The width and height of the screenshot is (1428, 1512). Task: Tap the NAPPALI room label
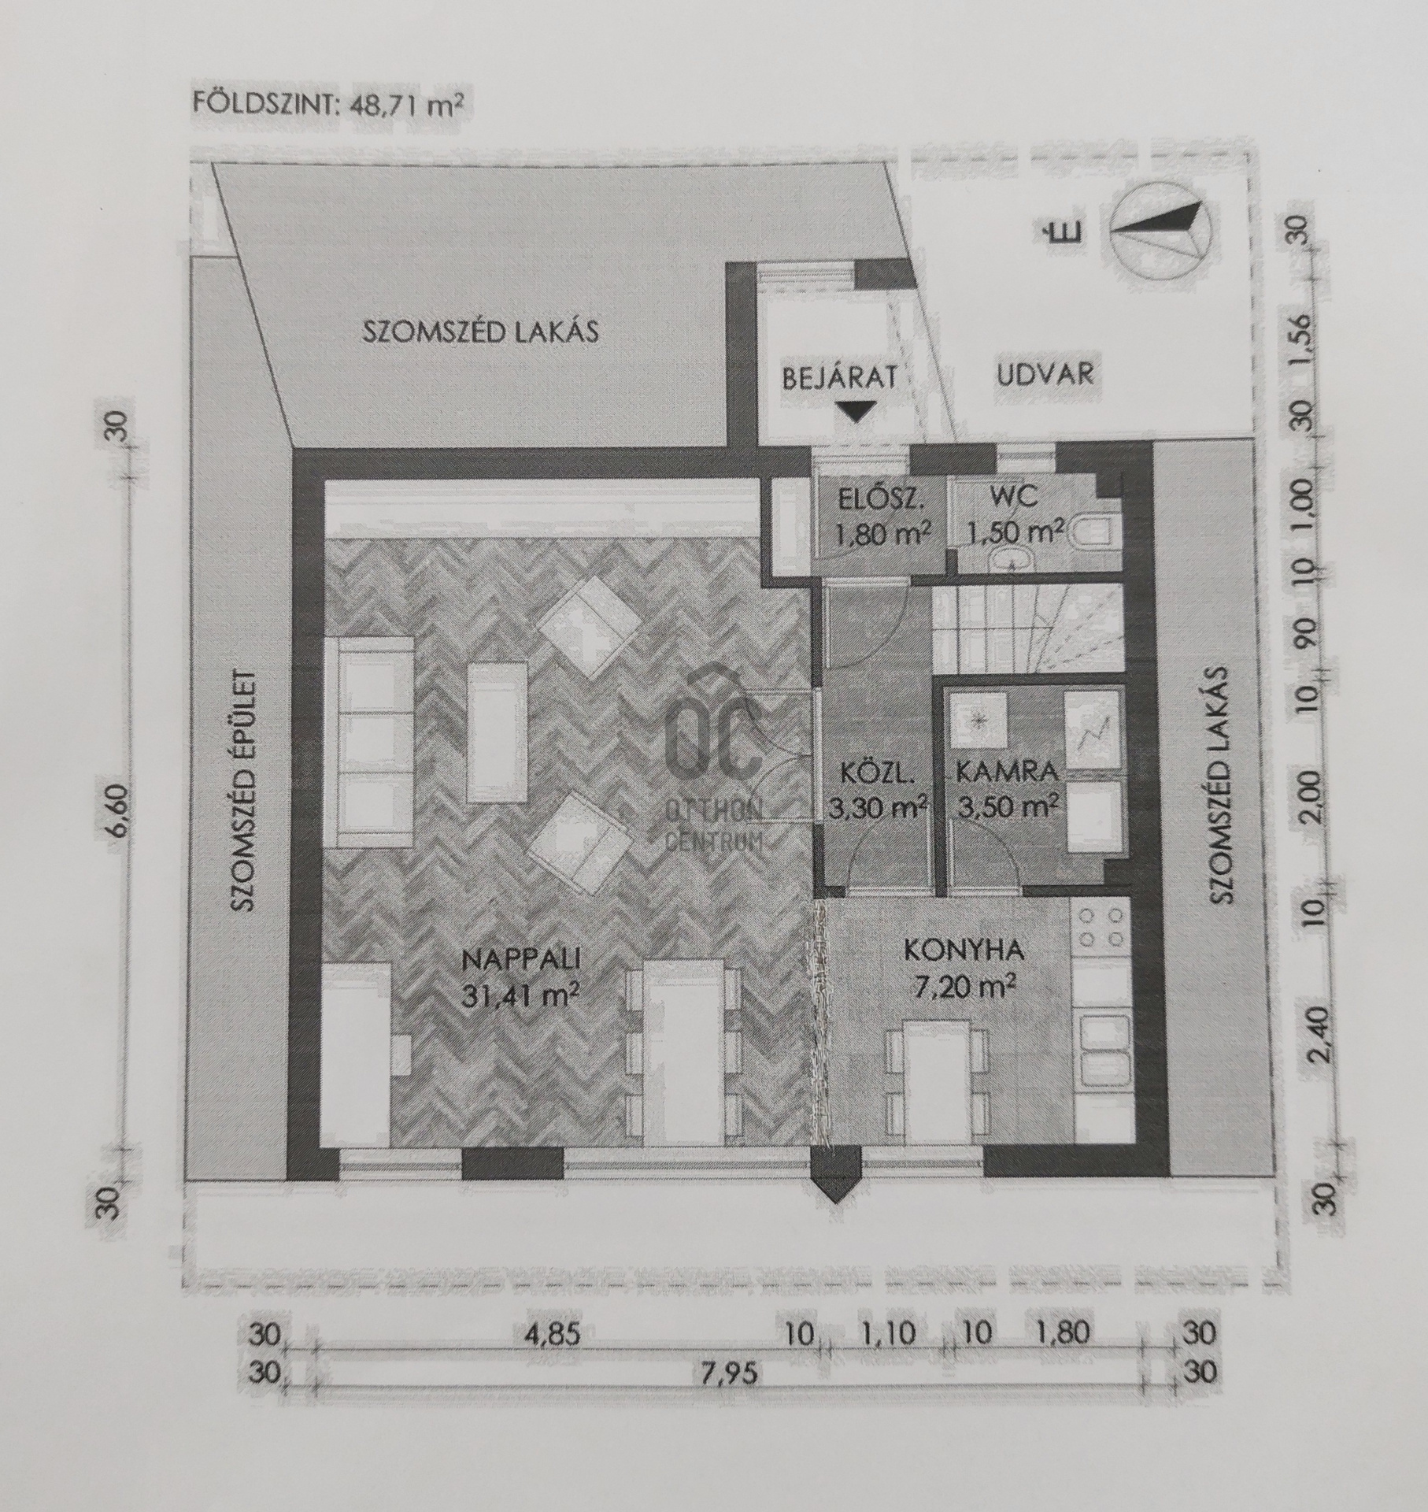[522, 960]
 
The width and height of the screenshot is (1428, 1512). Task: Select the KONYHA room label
[964, 951]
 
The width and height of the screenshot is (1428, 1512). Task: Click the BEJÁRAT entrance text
[840, 377]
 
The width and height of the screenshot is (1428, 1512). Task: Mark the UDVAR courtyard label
[1045, 374]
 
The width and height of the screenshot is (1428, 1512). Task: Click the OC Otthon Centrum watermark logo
[713, 776]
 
